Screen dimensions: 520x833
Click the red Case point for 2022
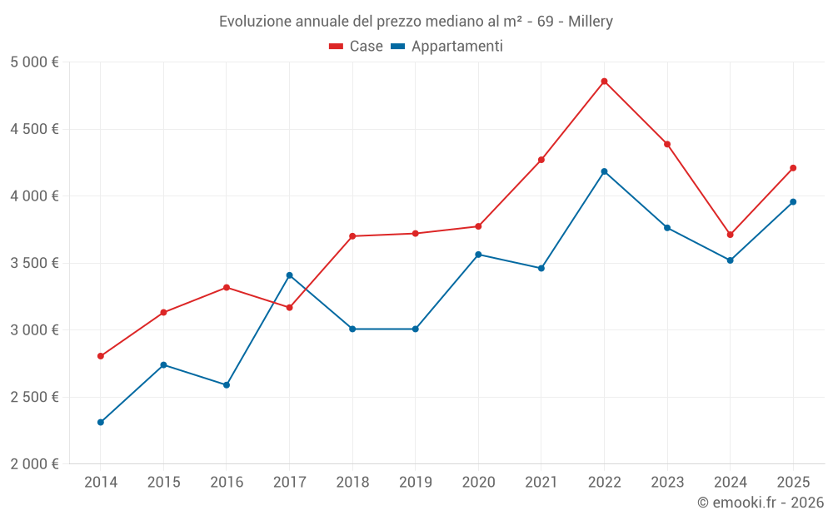pyautogui.click(x=604, y=82)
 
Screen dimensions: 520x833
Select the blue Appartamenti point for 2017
pyautogui.click(x=289, y=275)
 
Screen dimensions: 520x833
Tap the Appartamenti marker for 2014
pyautogui.click(x=101, y=423)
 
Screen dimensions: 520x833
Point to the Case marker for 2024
pyautogui.click(x=730, y=235)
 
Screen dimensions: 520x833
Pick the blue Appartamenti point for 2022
pyautogui.click(x=604, y=171)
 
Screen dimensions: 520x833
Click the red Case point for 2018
pyautogui.click(x=352, y=236)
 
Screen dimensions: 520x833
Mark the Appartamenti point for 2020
pyautogui.click(x=478, y=255)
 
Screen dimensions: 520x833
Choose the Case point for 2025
pyautogui.click(x=793, y=168)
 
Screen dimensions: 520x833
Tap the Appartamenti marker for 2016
pyautogui.click(x=227, y=385)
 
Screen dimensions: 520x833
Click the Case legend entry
pyautogui.click(x=357, y=47)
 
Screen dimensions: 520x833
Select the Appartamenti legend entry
pyautogui.click(x=447, y=47)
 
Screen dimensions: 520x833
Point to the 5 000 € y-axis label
pyautogui.click(x=34, y=62)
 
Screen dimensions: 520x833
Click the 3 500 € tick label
pyautogui.click(x=34, y=263)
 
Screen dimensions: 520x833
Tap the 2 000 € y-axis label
pyautogui.click(x=34, y=464)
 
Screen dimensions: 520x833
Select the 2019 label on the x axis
pyautogui.click(x=415, y=483)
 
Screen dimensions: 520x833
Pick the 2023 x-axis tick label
pyautogui.click(x=667, y=483)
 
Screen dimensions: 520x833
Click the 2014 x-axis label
pyautogui.click(x=101, y=483)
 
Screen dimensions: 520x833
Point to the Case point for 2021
pyautogui.click(x=541, y=160)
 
